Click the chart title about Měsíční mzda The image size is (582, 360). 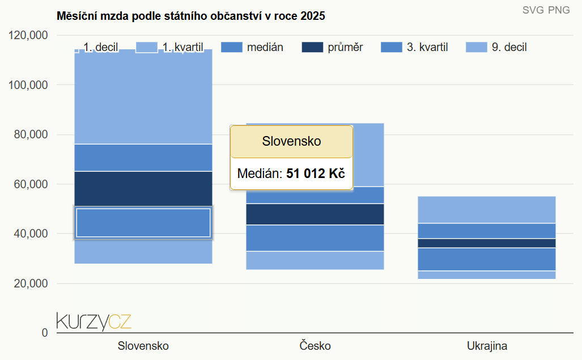[191, 16]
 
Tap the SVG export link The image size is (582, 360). [533, 10]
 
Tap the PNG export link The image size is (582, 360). [559, 10]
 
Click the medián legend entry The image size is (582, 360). [252, 47]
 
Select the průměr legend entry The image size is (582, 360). [332, 47]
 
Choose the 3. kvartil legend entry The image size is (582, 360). [414, 47]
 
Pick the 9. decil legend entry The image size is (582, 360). [496, 47]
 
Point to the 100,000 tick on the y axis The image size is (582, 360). [28, 85]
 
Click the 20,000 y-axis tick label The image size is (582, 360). [31, 283]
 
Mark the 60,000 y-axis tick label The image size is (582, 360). [31, 184]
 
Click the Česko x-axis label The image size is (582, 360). [315, 346]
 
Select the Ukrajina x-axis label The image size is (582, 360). [487, 346]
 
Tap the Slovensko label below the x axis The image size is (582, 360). [143, 346]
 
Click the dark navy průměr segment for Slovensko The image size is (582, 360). [143, 189]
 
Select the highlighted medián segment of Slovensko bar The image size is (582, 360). [143, 223]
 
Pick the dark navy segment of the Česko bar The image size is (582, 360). [315, 214]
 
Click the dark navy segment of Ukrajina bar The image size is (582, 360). [487, 243]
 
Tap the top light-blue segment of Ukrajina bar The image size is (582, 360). [487, 210]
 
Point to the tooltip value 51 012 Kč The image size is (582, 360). [316, 173]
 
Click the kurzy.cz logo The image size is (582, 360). [94, 321]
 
